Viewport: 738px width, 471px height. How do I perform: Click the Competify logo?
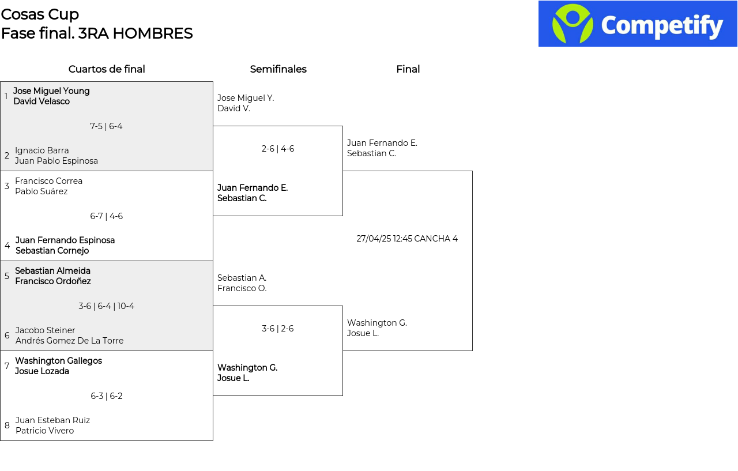coord(638,24)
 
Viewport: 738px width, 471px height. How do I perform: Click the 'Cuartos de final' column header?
coord(107,69)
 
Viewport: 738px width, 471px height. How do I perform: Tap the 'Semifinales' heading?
coord(278,69)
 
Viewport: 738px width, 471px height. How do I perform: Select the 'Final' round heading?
coord(408,69)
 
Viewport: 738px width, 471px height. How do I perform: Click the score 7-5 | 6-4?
coord(106,126)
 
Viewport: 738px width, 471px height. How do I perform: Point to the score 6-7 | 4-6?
coord(106,216)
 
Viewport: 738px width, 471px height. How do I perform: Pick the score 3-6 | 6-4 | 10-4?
coord(106,306)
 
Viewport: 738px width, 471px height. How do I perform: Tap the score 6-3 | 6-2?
coord(107,396)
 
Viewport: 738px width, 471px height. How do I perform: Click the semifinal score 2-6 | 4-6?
coord(278,149)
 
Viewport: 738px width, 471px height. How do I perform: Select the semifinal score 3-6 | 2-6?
coord(278,329)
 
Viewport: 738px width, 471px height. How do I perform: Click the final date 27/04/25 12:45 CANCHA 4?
coord(407,239)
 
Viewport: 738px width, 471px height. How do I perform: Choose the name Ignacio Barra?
coord(42,150)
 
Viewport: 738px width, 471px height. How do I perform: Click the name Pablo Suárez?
coord(41,191)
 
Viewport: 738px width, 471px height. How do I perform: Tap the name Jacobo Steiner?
coord(45,330)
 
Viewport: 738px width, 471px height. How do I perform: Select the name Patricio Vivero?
coord(44,431)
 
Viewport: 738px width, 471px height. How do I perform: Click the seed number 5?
coord(7,276)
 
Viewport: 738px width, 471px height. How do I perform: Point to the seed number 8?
coord(7,425)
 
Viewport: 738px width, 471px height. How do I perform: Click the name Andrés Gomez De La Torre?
coord(69,341)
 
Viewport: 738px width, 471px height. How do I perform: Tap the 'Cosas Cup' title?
coord(40,14)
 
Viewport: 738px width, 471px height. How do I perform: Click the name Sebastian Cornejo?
coord(52,251)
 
